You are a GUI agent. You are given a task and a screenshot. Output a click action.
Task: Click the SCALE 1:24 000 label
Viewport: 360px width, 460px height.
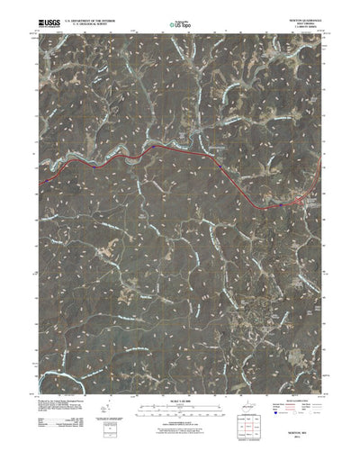click(180, 390)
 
